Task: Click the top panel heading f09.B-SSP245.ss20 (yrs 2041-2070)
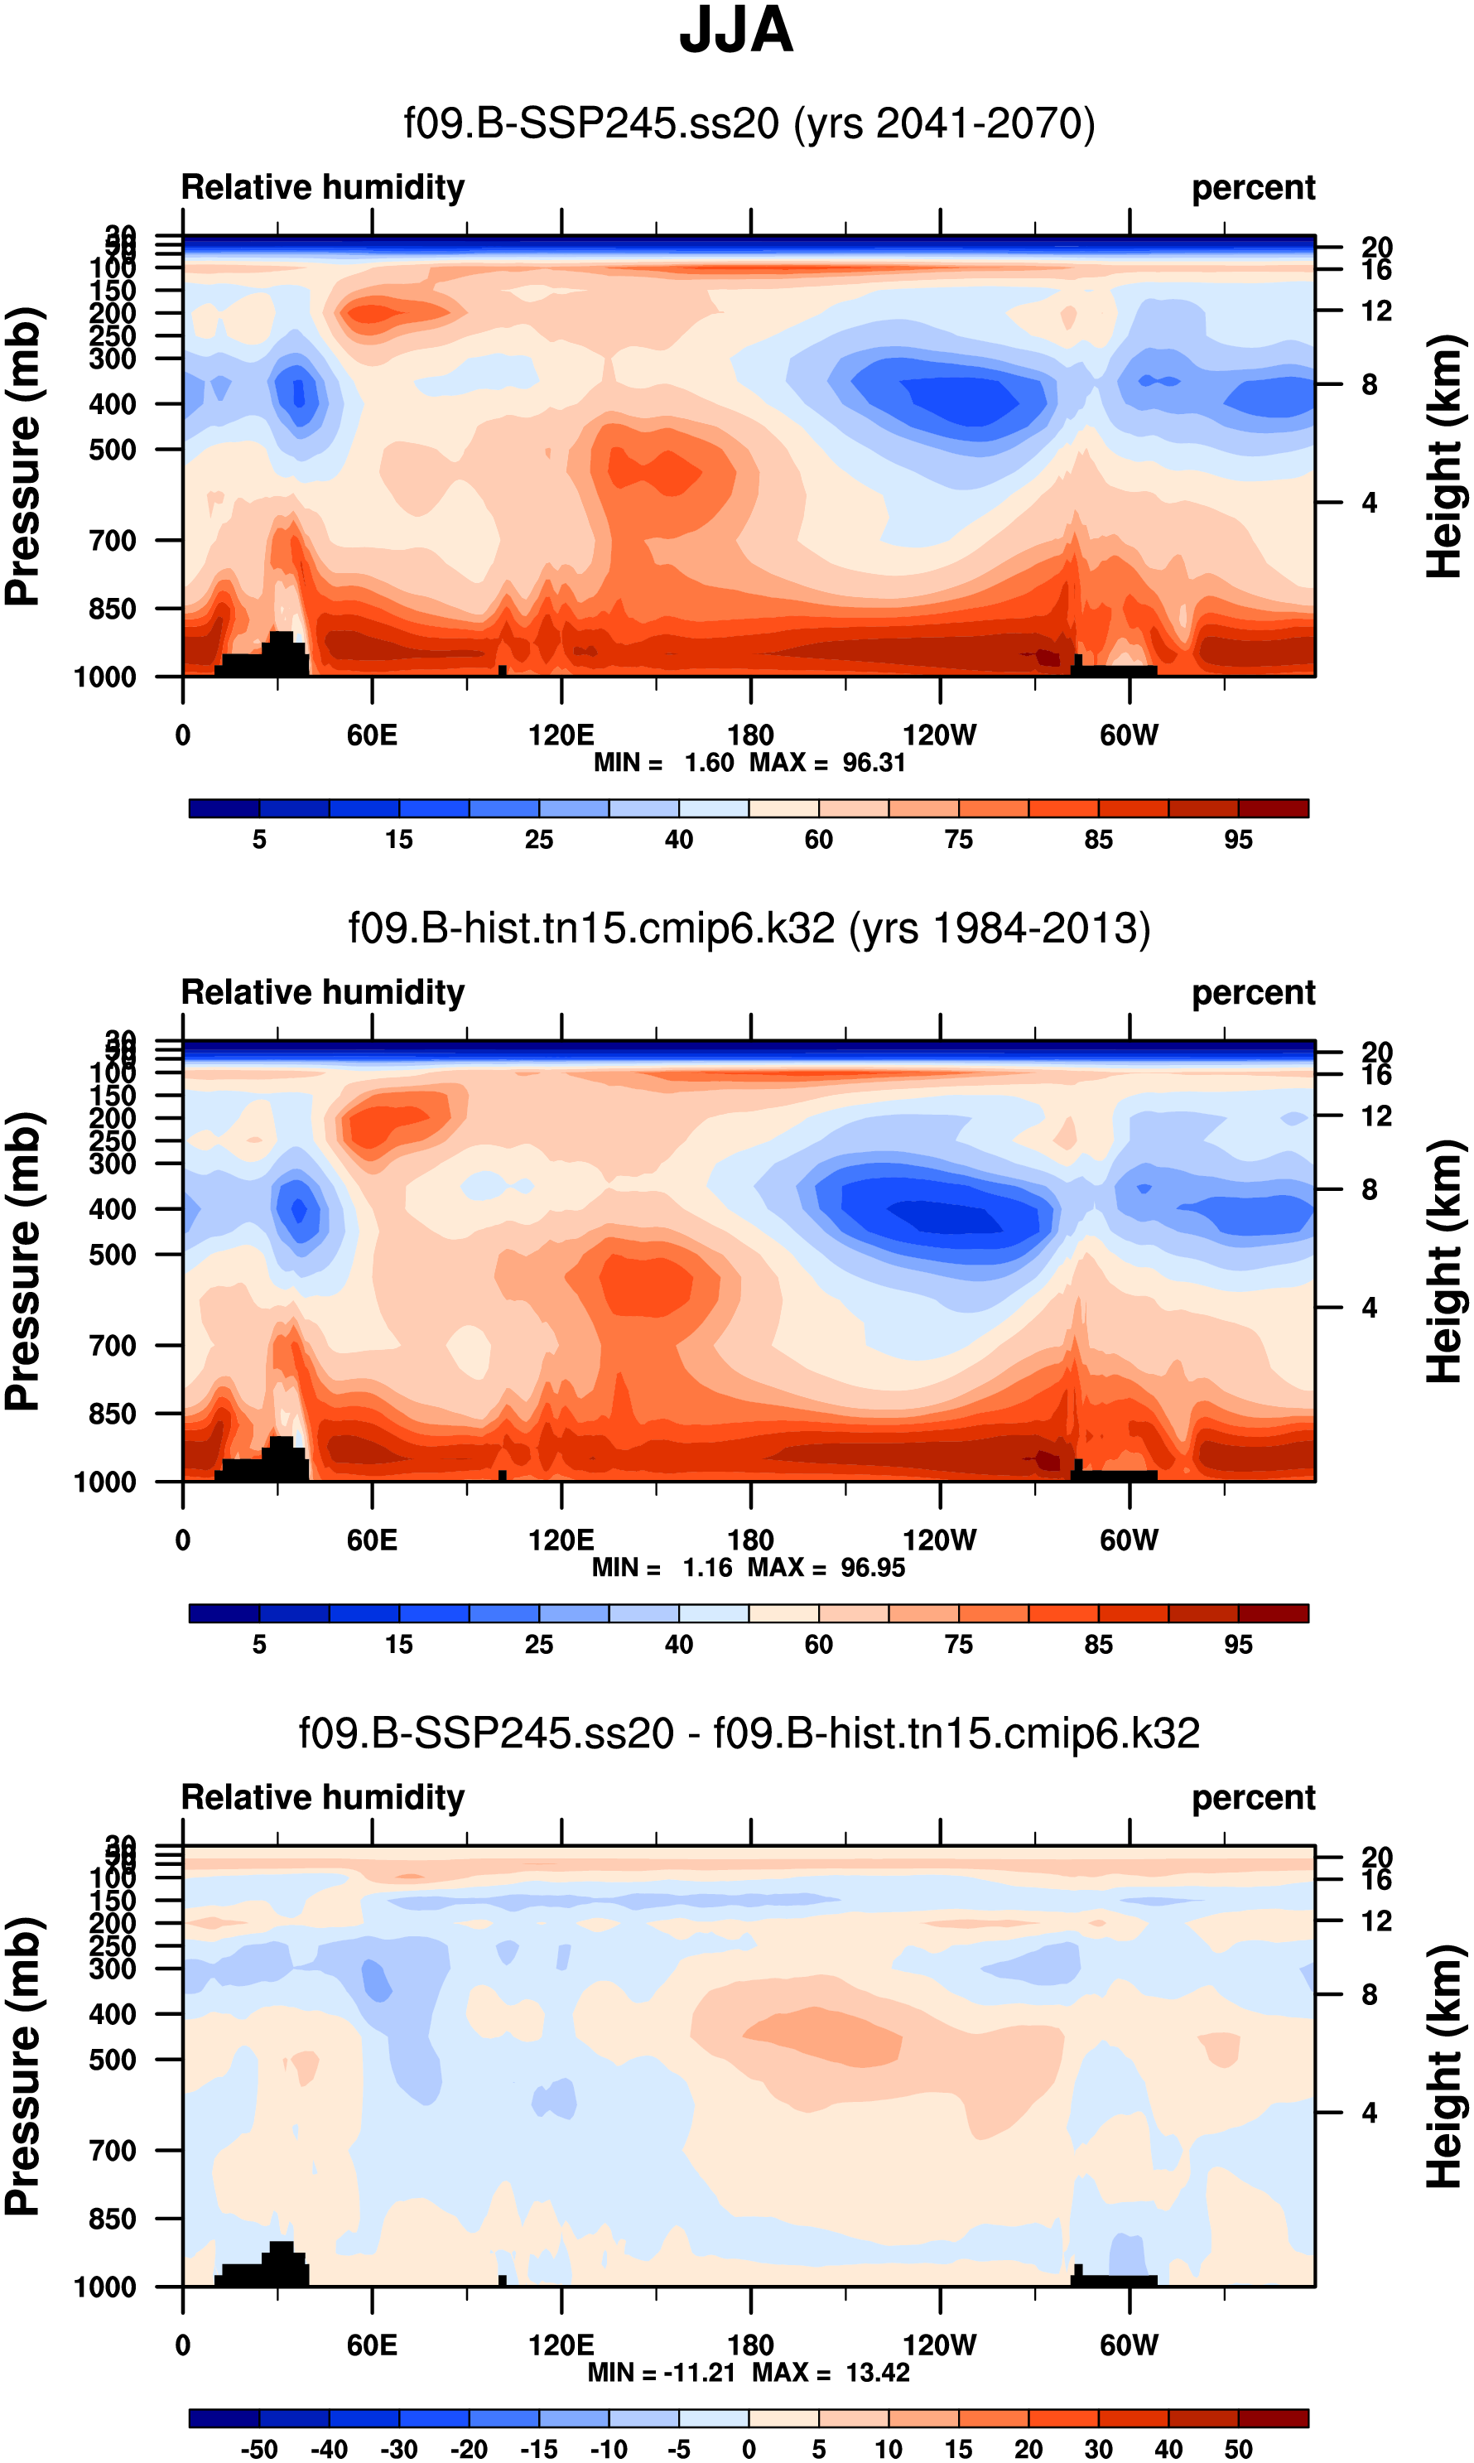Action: click(749, 124)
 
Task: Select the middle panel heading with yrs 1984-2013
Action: click(749, 928)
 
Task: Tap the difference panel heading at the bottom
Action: click(749, 1733)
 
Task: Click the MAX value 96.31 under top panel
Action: click(874, 763)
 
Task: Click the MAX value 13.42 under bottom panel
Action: click(878, 2372)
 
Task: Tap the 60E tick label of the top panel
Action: click(373, 736)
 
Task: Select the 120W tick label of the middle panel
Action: click(940, 1540)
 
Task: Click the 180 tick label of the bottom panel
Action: click(750, 2345)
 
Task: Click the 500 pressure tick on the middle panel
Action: click(113, 1255)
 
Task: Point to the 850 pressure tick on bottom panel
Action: click(113, 2218)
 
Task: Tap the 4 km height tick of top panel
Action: click(1370, 503)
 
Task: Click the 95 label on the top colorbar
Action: click(1238, 841)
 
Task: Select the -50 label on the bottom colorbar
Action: click(259, 2449)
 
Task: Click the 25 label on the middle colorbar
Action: click(538, 1645)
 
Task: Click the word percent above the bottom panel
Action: click(1254, 1798)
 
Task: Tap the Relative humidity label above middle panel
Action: click(323, 993)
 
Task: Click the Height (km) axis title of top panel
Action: click(1445, 457)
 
